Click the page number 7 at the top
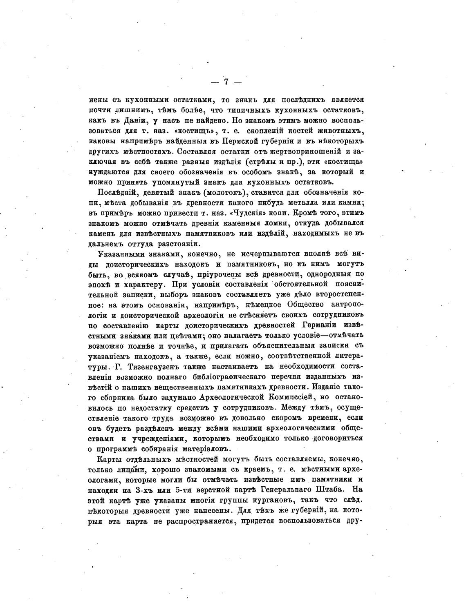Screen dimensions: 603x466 coord(226,82)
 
